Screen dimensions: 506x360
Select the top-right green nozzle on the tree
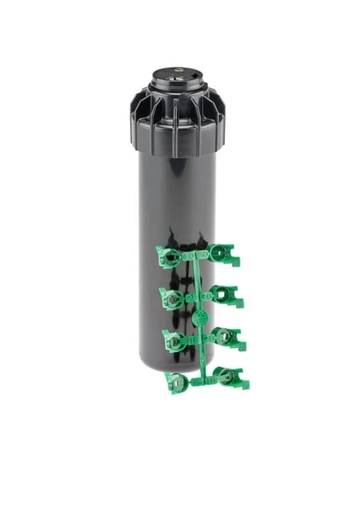pyautogui.click(x=225, y=254)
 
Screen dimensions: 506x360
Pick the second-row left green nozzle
pyautogui.click(x=172, y=298)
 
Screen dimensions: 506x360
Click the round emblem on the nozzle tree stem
pyautogui.click(x=200, y=317)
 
